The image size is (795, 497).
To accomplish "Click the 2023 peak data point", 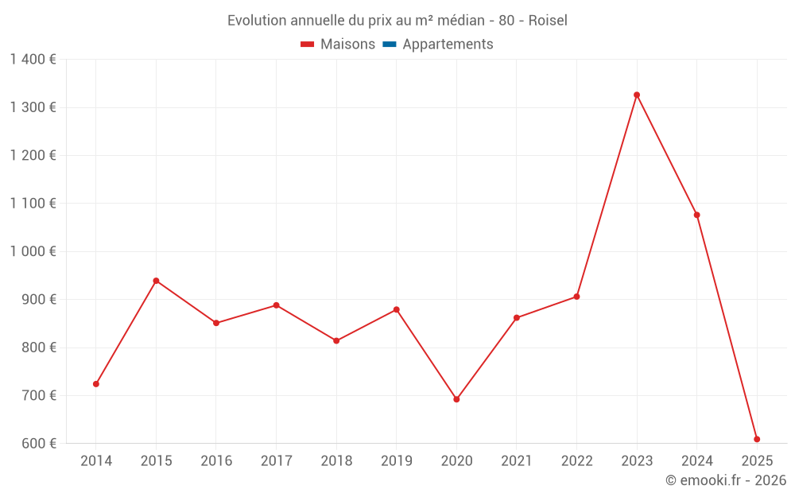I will point(637,95).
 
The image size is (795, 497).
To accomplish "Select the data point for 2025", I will point(757,439).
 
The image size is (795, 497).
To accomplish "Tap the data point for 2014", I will point(96,384).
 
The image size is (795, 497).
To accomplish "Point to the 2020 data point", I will point(456,399).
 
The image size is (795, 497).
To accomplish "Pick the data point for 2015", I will point(156,281).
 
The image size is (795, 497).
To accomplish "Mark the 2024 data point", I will point(697,215).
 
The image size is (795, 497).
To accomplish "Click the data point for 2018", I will point(336,340).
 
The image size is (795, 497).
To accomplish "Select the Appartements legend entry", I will point(448,45).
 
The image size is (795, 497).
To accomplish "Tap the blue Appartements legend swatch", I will point(389,45).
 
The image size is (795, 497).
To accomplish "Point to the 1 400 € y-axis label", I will point(33,60).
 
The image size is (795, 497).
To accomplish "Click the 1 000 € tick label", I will point(33,251).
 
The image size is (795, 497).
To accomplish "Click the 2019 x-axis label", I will point(397,461).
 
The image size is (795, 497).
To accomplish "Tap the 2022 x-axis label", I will point(577,461).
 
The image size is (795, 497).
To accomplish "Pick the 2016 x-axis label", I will point(216,461).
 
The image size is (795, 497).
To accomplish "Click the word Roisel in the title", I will point(548,21).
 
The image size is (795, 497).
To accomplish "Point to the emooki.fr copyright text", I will point(726,480).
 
